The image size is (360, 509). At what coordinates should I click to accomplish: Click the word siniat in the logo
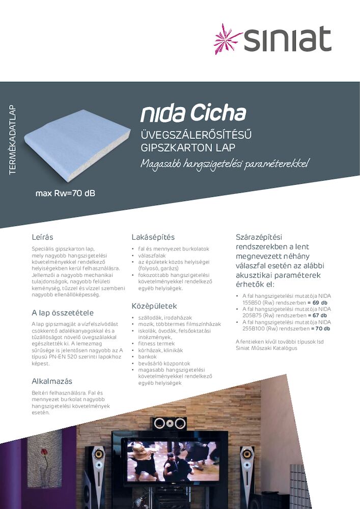[288, 39]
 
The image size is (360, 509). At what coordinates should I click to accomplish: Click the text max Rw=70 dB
[65, 193]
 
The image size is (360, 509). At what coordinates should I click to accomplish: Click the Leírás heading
[42, 237]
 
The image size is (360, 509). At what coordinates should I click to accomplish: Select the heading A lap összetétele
[63, 313]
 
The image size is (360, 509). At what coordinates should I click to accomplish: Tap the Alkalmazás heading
[52, 381]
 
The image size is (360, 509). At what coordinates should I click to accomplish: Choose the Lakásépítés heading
[153, 237]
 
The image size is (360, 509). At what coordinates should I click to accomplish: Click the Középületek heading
[154, 306]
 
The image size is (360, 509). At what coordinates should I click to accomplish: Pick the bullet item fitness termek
[156, 344]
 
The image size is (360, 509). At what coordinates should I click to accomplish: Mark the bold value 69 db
[319, 302]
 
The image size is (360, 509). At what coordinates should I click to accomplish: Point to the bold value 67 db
[319, 316]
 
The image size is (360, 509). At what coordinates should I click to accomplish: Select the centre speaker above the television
[169, 422]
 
